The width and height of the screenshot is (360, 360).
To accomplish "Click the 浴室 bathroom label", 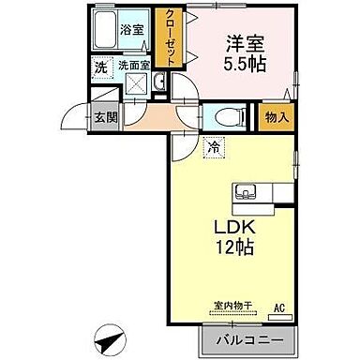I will [130, 30].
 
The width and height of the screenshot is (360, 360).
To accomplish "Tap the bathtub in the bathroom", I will [106, 28].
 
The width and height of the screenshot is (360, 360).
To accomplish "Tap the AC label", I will [277, 307].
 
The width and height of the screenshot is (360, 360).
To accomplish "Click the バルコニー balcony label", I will [244, 338].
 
